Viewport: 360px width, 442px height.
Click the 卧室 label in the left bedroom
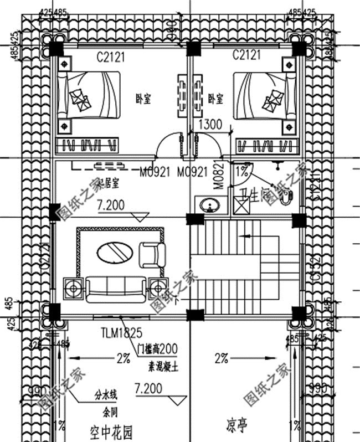click(143, 98)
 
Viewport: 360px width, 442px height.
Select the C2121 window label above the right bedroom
click(246, 55)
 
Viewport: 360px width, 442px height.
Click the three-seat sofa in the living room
click(115, 289)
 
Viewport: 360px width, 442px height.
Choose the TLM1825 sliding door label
click(121, 333)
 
